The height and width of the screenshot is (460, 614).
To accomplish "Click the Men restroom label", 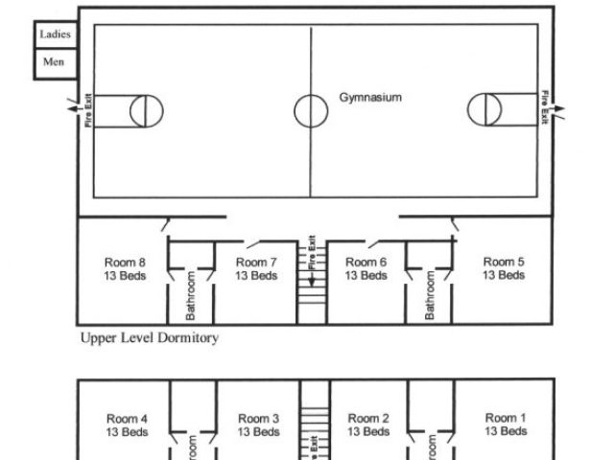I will tap(54, 61).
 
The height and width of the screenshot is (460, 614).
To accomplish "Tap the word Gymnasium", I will tap(369, 98).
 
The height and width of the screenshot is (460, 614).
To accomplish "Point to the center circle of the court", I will tap(311, 111).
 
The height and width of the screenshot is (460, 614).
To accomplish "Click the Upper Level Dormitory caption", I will tap(150, 337).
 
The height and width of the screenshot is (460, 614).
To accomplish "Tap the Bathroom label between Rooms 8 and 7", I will tap(191, 295).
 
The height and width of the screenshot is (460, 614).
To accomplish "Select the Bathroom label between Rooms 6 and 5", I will tap(430, 295).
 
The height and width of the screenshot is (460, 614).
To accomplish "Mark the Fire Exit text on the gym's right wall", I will tap(544, 105).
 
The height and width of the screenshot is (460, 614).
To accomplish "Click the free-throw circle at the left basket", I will tap(146, 111).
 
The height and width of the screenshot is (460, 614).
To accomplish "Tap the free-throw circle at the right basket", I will tap(484, 110).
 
